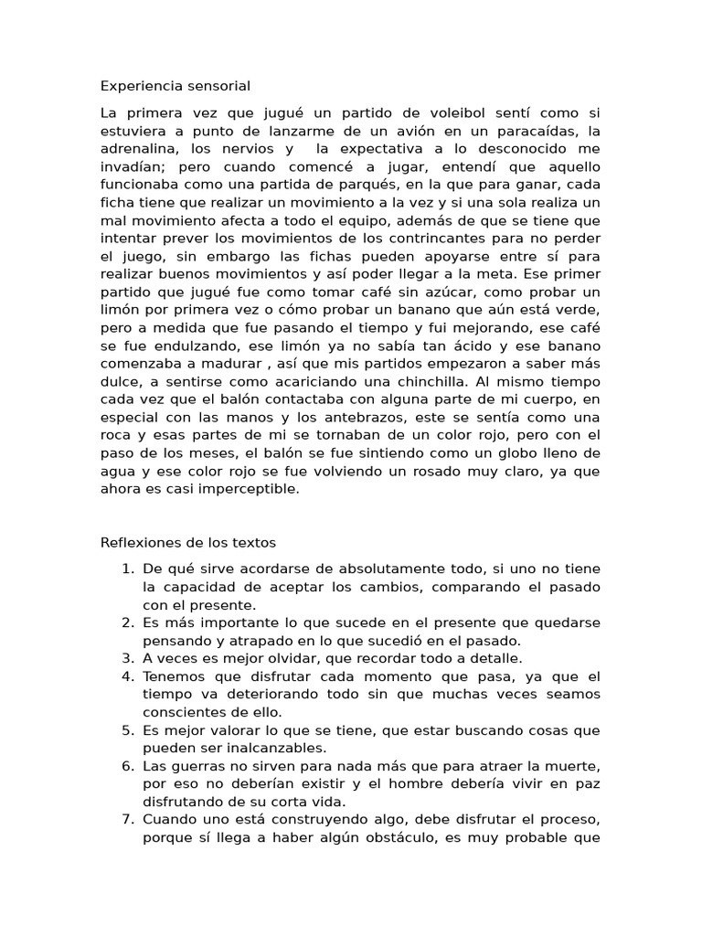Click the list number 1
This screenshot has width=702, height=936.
coord(127,569)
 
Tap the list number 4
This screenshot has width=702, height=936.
coord(127,676)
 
